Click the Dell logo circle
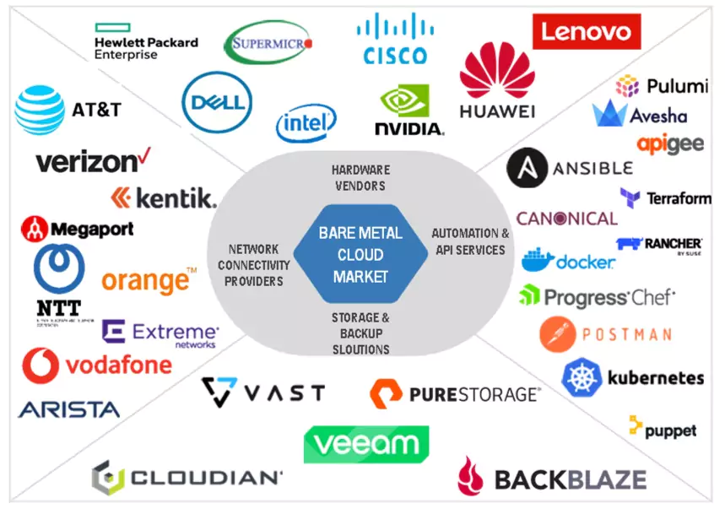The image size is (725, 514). point(217,102)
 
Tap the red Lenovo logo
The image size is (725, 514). point(586,32)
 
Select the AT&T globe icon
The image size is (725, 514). point(39,111)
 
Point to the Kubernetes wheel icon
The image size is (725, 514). point(581,377)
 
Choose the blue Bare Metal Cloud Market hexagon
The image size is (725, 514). point(360,254)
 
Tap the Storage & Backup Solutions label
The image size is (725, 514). point(360,333)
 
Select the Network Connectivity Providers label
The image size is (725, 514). point(253,265)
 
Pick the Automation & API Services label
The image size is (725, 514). point(469,241)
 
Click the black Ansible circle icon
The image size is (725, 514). point(524,168)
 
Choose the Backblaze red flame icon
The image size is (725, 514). point(470,476)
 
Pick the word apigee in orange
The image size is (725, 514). point(670,143)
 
